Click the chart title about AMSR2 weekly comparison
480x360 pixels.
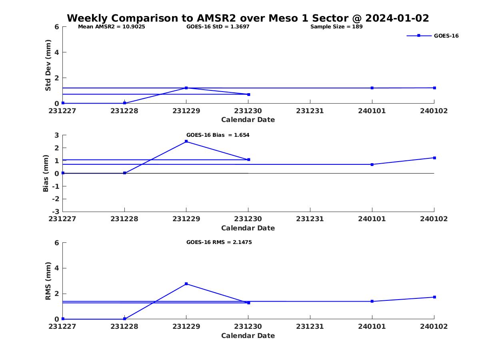[248, 18]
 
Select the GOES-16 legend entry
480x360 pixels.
[432, 36]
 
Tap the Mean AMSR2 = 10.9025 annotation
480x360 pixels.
[112, 27]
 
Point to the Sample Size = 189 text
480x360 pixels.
[336, 27]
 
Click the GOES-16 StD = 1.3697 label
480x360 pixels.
[218, 27]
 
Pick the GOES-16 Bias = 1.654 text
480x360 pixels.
[218, 135]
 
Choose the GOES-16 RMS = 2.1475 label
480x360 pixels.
[219, 242]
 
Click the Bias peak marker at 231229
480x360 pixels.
[186, 142]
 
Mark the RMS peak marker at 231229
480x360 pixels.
[186, 284]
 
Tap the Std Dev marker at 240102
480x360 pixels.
[434, 88]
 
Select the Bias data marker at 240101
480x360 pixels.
[372, 164]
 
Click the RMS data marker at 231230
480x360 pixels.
[248, 303]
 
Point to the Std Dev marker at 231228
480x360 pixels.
[124, 103]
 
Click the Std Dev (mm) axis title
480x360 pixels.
[48, 65]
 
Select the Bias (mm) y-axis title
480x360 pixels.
[46, 173]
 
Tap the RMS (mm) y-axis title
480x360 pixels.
[48, 281]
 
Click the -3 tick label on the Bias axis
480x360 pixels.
[56, 212]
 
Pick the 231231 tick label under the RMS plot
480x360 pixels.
[310, 326]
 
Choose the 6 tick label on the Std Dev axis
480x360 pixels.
[57, 27]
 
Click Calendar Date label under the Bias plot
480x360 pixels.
[248, 228]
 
